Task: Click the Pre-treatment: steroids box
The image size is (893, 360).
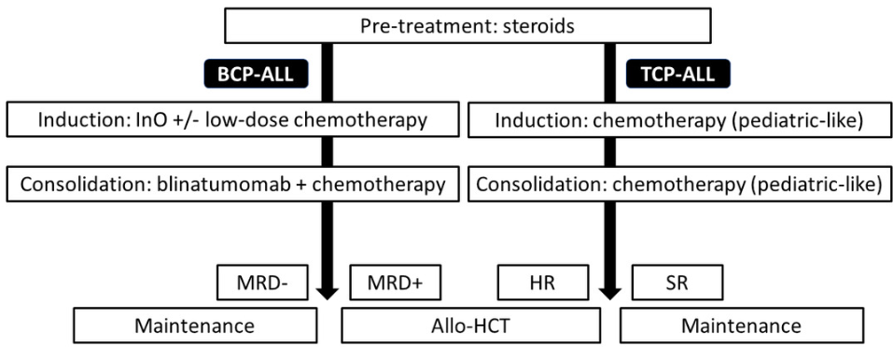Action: [467, 25]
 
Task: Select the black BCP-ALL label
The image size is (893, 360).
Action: [257, 74]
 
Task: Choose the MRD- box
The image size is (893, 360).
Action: [258, 283]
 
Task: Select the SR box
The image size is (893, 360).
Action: [677, 283]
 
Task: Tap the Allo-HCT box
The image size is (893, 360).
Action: [470, 325]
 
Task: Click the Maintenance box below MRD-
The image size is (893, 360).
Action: [195, 325]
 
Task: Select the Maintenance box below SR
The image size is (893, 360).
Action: [742, 325]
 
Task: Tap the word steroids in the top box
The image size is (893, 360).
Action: [538, 26]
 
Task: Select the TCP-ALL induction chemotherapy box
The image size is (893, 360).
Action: [680, 119]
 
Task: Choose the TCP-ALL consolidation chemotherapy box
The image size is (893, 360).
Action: [680, 184]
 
